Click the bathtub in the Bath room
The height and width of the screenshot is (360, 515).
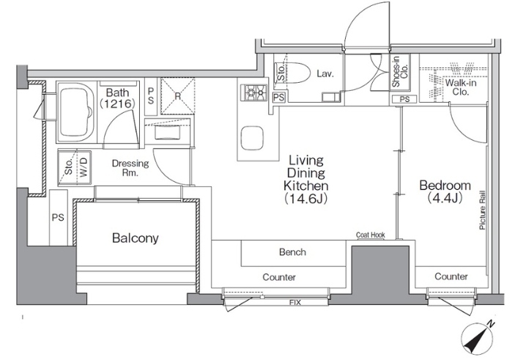coord(76,111)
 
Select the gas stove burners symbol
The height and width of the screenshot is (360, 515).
coord(253,92)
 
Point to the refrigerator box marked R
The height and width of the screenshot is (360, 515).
coord(178,96)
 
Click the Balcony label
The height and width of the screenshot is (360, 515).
coord(136,238)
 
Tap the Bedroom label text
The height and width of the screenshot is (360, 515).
coord(445,185)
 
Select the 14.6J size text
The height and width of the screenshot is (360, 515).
coord(305,199)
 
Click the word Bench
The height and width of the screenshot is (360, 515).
coord(292,252)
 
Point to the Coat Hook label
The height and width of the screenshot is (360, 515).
coord(371,235)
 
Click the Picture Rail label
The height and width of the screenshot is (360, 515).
coord(482,210)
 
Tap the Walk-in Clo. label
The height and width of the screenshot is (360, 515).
coord(461,87)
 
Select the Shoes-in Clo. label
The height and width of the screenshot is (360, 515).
coord(401,72)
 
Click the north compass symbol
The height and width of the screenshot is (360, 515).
coord(478,338)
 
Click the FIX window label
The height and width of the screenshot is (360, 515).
coord(295,302)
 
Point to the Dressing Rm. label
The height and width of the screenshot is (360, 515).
coord(130,168)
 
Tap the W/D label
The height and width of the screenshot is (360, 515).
coord(84,167)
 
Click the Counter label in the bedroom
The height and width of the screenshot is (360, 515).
coord(451,276)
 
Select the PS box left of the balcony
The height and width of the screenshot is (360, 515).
coord(58,217)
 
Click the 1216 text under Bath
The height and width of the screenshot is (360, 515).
coord(117,104)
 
